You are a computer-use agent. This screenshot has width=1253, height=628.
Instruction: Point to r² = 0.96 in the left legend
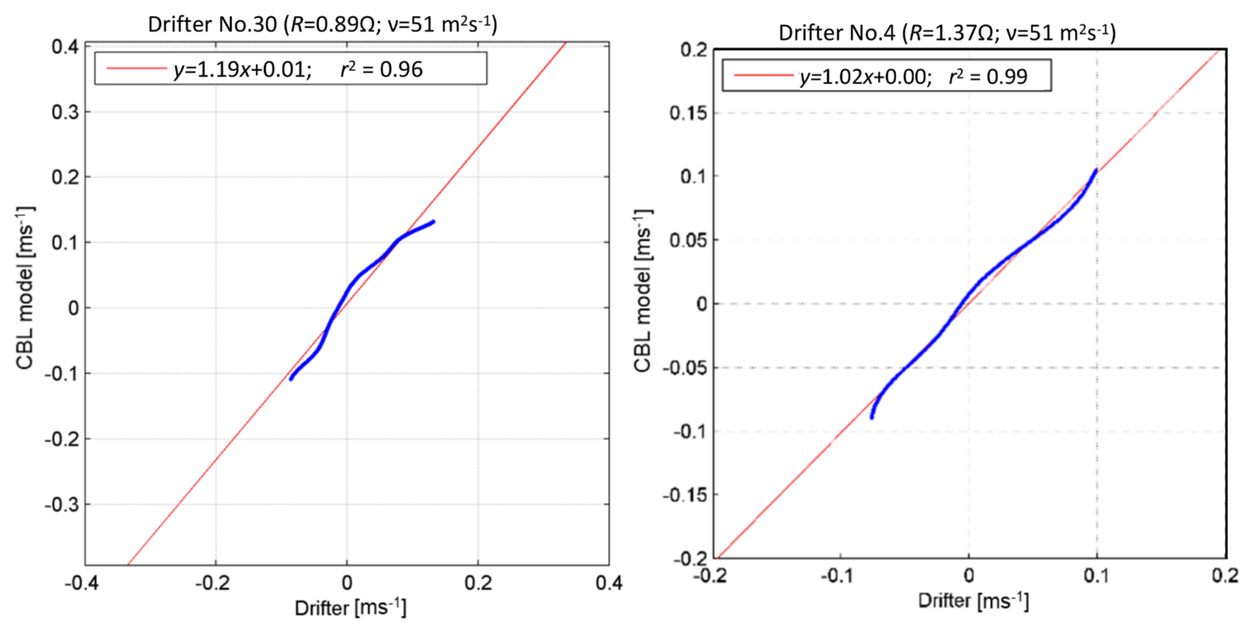point(381,69)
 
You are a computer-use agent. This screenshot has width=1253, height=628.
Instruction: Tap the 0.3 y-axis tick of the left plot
point(65,112)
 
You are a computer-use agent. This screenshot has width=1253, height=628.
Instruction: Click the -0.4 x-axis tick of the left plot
point(82,582)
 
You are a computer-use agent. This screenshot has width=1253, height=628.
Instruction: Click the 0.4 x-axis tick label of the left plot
point(609,582)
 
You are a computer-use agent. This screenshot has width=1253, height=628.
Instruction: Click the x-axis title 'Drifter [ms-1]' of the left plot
point(350,608)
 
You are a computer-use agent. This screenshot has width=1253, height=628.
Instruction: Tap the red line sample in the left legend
point(136,69)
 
